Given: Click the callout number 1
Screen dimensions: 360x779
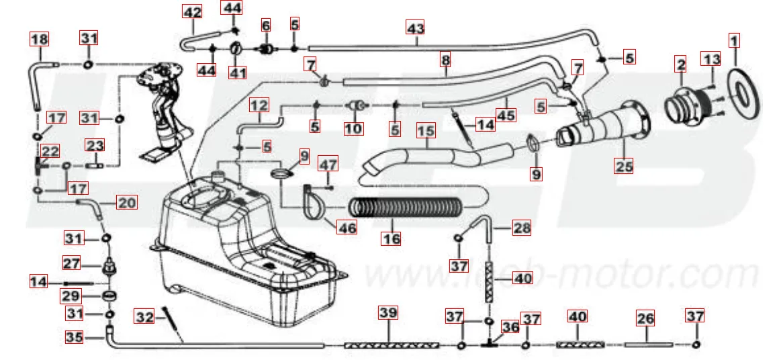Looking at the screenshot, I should pyautogui.click(x=734, y=41).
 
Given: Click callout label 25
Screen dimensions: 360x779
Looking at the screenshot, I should pyautogui.click(x=625, y=165).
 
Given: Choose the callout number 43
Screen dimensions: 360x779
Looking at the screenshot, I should pyautogui.click(x=416, y=28).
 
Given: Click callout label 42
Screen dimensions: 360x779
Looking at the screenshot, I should pyautogui.click(x=191, y=12).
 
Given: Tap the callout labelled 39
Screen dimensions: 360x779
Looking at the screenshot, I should pyautogui.click(x=388, y=313).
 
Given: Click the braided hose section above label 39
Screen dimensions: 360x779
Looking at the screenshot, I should pyautogui.click(x=392, y=345).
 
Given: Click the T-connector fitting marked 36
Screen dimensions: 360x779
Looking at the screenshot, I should pyautogui.click(x=491, y=345).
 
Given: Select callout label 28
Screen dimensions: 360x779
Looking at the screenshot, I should pyautogui.click(x=521, y=228).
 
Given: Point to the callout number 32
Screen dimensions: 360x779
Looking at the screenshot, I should pyautogui.click(x=145, y=316).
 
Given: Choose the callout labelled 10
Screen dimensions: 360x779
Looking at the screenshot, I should pyautogui.click(x=353, y=128).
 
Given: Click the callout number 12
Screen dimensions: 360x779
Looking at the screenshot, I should pyautogui.click(x=259, y=105).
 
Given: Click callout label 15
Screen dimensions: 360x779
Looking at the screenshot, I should pyautogui.click(x=426, y=128).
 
